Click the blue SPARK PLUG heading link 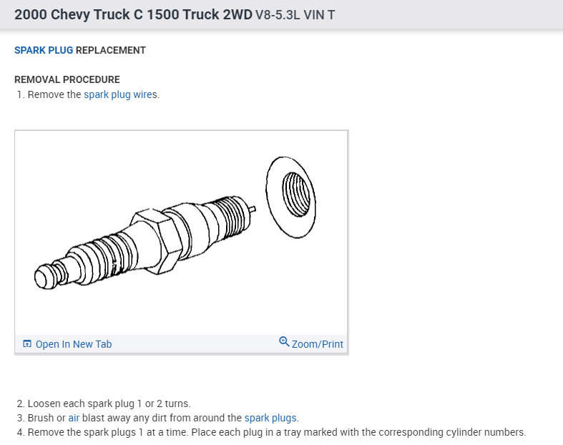tap(44, 50)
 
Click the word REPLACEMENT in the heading tap(111, 50)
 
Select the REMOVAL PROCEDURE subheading tap(67, 79)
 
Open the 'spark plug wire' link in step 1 tap(118, 94)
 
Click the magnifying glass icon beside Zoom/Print tap(284, 341)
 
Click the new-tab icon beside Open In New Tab tap(27, 343)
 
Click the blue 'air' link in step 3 tap(74, 418)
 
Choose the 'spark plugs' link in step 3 tap(270, 418)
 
